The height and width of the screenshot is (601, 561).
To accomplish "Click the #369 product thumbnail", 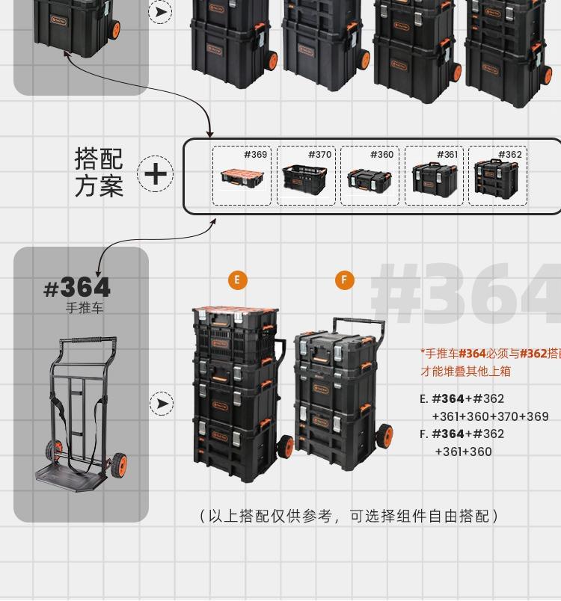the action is click(x=241, y=176).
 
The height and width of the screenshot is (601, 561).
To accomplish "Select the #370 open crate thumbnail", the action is click(x=305, y=176).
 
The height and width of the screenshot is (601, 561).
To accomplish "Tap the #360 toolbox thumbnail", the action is click(x=370, y=176).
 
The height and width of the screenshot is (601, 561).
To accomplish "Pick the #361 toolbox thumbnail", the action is click(x=434, y=176).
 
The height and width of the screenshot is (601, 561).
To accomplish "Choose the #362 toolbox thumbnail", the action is click(x=497, y=176).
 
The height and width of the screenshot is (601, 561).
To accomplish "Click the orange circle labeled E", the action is click(x=237, y=280).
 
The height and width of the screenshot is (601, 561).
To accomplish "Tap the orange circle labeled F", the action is click(x=344, y=280).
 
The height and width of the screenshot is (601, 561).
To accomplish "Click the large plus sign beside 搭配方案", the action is click(x=156, y=174).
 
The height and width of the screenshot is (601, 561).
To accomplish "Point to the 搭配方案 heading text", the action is click(x=99, y=172).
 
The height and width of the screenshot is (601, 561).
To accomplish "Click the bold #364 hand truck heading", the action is click(x=77, y=287).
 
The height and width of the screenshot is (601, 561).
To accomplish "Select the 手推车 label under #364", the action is click(x=84, y=308).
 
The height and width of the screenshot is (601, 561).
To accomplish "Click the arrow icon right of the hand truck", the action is click(x=161, y=404).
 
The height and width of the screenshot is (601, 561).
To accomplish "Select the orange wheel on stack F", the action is click(x=384, y=436).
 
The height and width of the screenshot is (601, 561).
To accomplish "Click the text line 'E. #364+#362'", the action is click(x=462, y=398).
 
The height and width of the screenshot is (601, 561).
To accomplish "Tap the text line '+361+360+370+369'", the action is click(x=490, y=416).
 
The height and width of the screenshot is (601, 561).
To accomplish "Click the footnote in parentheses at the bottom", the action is click(x=349, y=516).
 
